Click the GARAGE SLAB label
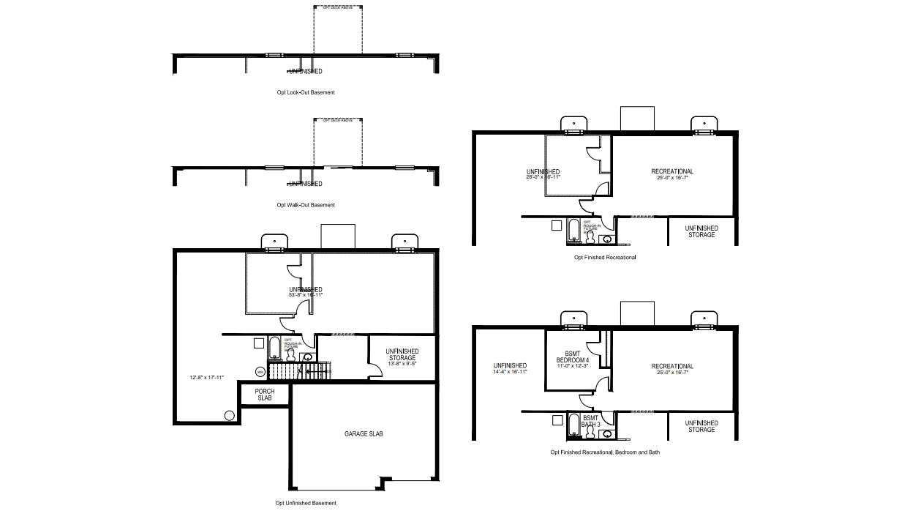(x=364, y=434)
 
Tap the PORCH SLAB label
(x=264, y=395)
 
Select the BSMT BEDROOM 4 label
(x=572, y=356)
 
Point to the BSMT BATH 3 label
(x=591, y=420)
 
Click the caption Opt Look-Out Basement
(x=306, y=93)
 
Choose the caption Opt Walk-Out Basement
(x=306, y=205)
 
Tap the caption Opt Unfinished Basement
(x=306, y=503)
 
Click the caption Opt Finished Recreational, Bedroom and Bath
(x=605, y=452)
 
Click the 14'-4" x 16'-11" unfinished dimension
(x=510, y=372)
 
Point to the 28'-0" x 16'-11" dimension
(x=543, y=176)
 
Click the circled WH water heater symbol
(x=260, y=371)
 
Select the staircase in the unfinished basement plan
(x=300, y=371)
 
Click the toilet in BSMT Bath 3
(x=591, y=433)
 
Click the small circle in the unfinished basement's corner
(x=229, y=415)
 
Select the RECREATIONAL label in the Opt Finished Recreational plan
(x=672, y=172)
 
